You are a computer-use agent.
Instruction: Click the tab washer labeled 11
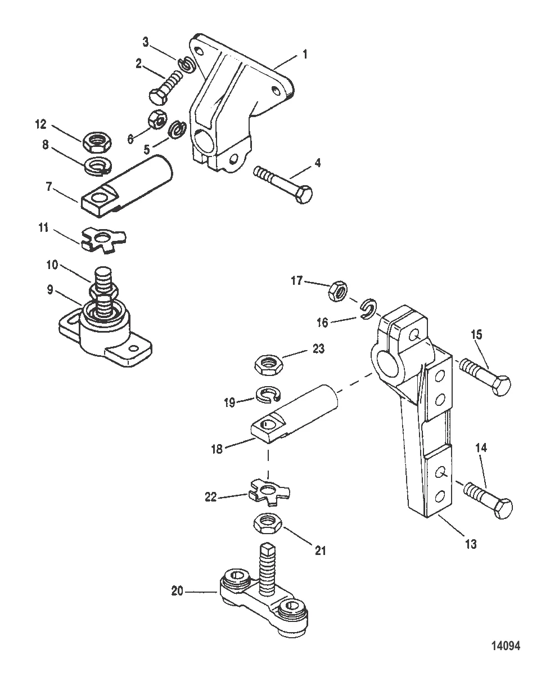(105, 238)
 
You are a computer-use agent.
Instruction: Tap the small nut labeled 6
(156, 120)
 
